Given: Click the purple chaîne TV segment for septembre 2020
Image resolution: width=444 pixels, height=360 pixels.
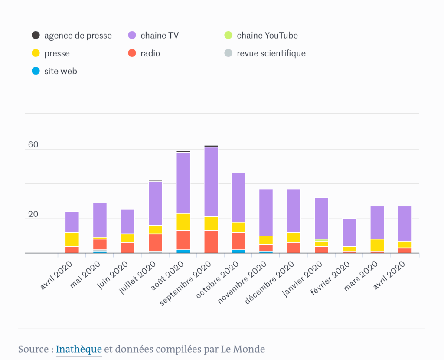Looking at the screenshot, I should (x=211, y=182).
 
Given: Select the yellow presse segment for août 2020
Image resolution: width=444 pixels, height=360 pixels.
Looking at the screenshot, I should (x=183, y=222).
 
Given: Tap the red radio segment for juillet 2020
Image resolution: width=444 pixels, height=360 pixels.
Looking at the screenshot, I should (x=155, y=242).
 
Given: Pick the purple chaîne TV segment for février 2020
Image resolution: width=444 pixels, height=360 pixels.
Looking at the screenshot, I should (x=349, y=232).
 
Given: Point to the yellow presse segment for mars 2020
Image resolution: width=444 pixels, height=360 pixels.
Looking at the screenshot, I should (x=377, y=245).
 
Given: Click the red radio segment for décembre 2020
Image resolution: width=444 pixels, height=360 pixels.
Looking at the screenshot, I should (x=294, y=247).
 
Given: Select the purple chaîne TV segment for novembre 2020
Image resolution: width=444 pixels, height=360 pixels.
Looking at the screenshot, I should (x=266, y=212).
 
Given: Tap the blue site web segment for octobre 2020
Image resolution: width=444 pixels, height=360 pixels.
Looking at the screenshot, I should (x=238, y=251).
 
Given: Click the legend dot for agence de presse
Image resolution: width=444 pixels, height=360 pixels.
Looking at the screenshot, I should (x=36, y=36).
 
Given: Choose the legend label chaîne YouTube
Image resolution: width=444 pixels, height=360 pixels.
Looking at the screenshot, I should (x=267, y=36).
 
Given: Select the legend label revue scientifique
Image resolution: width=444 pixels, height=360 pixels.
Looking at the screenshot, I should (x=271, y=53).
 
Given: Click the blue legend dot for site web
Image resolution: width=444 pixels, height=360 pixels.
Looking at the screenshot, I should (x=36, y=71).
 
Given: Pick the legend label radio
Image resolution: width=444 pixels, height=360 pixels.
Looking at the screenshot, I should (x=150, y=53).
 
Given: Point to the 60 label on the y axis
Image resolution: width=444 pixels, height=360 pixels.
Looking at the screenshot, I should (x=33, y=145).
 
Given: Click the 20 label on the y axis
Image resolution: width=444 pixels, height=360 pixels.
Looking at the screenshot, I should (x=33, y=215).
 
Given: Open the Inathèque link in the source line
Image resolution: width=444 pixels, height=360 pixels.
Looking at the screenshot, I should (x=79, y=349).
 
